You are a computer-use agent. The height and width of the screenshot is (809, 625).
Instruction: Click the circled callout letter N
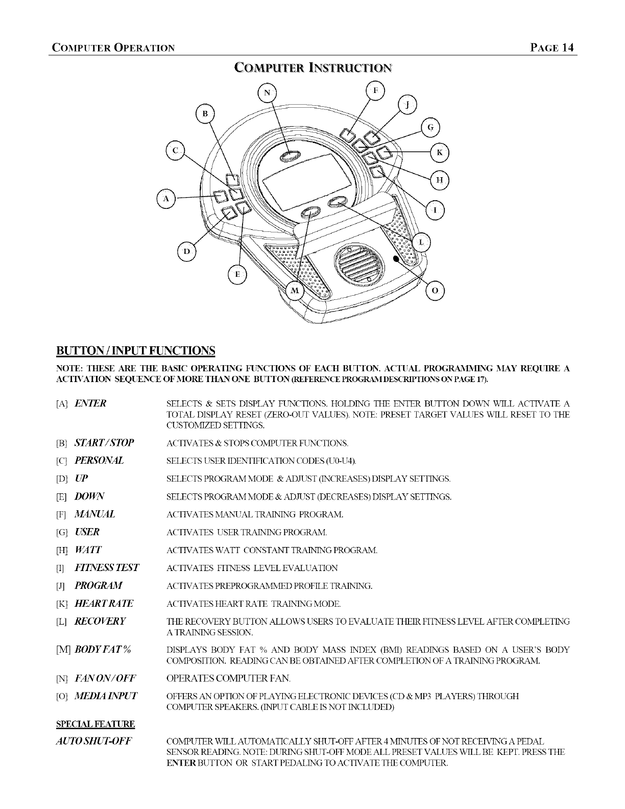(x=267, y=93)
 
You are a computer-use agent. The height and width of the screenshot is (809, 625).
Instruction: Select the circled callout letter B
(x=205, y=113)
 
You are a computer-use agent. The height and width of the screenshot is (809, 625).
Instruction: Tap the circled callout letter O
(x=435, y=290)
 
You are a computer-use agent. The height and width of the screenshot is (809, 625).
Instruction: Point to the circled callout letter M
(x=295, y=291)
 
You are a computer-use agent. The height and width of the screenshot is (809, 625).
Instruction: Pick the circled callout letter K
(x=440, y=152)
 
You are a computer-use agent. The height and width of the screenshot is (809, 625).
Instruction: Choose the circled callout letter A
(x=165, y=199)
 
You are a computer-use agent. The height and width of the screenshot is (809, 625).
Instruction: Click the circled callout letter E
(x=236, y=274)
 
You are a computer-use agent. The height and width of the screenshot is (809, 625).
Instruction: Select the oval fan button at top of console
(x=290, y=156)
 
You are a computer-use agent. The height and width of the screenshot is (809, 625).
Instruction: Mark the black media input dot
(x=395, y=258)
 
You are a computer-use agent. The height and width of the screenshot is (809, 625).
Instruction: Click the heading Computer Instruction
(x=313, y=67)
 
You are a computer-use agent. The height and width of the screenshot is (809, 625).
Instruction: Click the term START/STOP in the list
(x=104, y=442)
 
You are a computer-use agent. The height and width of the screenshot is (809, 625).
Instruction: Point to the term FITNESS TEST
(x=107, y=567)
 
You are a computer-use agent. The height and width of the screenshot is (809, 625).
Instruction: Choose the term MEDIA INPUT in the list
(x=106, y=696)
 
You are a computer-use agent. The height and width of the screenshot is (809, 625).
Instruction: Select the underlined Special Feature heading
(x=95, y=724)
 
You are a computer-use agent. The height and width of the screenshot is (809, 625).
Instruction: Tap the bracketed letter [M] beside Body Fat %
(x=64, y=650)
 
